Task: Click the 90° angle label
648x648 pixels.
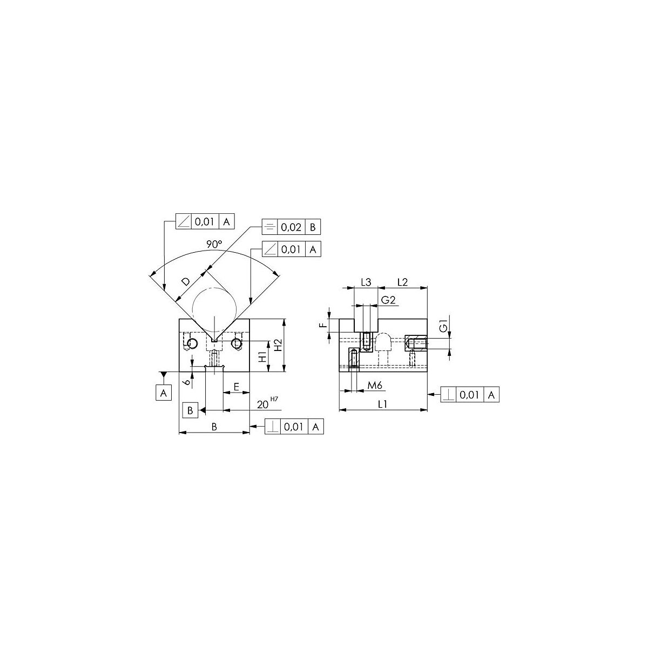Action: pyautogui.click(x=214, y=245)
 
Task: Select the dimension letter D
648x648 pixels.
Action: pyautogui.click(x=186, y=281)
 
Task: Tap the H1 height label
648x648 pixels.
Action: pyautogui.click(x=264, y=356)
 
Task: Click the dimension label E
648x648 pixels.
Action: pyautogui.click(x=236, y=387)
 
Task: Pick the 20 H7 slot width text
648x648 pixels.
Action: pyautogui.click(x=268, y=402)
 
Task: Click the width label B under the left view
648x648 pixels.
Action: pyautogui.click(x=214, y=427)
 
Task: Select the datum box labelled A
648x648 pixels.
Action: pyautogui.click(x=164, y=393)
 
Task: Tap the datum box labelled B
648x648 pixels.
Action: pyautogui.click(x=190, y=410)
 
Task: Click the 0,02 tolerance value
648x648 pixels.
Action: pyautogui.click(x=291, y=227)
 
